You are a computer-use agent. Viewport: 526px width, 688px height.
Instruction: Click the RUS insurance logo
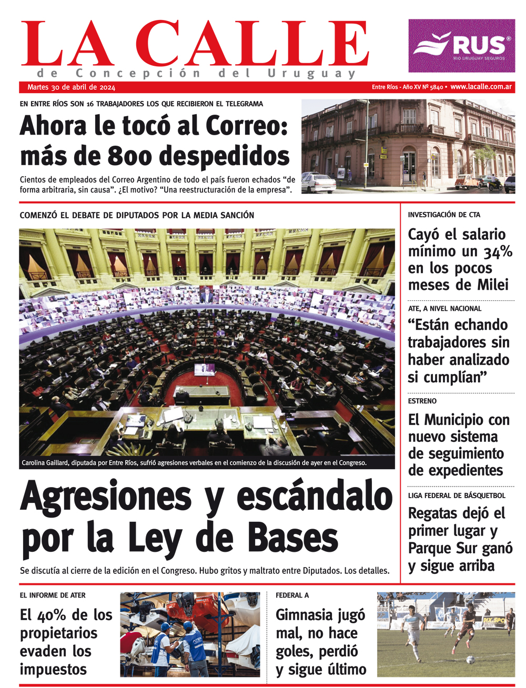click(461, 46)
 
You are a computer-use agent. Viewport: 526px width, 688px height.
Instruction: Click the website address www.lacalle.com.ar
click(481, 87)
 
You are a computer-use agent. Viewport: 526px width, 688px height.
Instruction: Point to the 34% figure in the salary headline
click(498, 252)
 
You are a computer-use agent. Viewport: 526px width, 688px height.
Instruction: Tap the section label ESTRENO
click(422, 401)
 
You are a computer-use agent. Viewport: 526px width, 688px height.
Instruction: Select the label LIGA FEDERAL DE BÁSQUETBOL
click(457, 495)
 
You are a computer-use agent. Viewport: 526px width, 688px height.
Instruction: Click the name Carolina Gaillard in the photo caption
click(45, 463)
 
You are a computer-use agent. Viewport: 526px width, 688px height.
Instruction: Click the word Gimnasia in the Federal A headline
click(304, 615)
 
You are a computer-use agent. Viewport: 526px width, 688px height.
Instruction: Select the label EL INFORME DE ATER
click(53, 595)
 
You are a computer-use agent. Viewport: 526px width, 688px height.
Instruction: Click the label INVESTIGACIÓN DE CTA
click(444, 215)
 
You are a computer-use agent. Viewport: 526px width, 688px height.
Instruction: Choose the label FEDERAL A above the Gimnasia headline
click(292, 595)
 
